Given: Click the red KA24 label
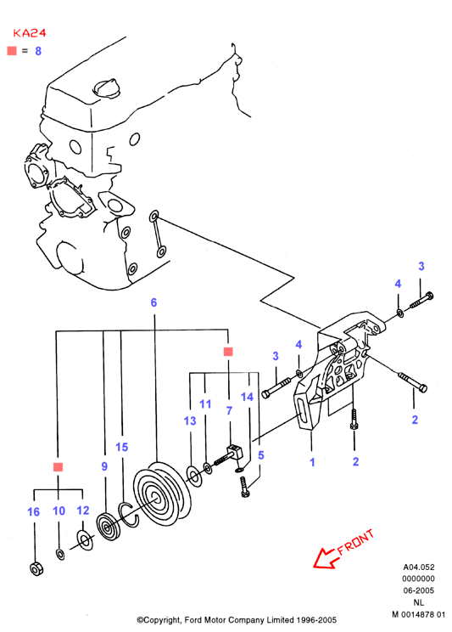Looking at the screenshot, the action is coord(30,32).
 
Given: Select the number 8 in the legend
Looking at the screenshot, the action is coord(38,51).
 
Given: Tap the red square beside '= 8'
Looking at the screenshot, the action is coord(12,50).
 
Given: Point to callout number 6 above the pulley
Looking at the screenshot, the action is coord(153,302).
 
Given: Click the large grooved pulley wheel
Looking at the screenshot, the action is coord(162,493).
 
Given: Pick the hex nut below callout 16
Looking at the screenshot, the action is coord(36,568).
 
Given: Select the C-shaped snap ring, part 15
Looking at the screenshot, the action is coord(128,514).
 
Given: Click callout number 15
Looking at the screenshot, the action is coord(121,447).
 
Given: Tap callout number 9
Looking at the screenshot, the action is coord(104,466).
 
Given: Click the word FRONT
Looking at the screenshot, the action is coord(356,542).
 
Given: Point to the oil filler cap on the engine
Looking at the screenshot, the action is coord(106,88).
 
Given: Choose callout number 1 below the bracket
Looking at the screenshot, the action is coord(312,462).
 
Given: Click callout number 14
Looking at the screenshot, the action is coord(247,397).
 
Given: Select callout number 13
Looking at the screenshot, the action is coord(190,420).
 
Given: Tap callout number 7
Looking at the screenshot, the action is coord(229,410).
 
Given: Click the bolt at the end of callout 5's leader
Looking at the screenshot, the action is coord(245,487).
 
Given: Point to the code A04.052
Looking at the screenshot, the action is coord(419,567).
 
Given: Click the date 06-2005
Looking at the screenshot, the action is coord(419,590).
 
